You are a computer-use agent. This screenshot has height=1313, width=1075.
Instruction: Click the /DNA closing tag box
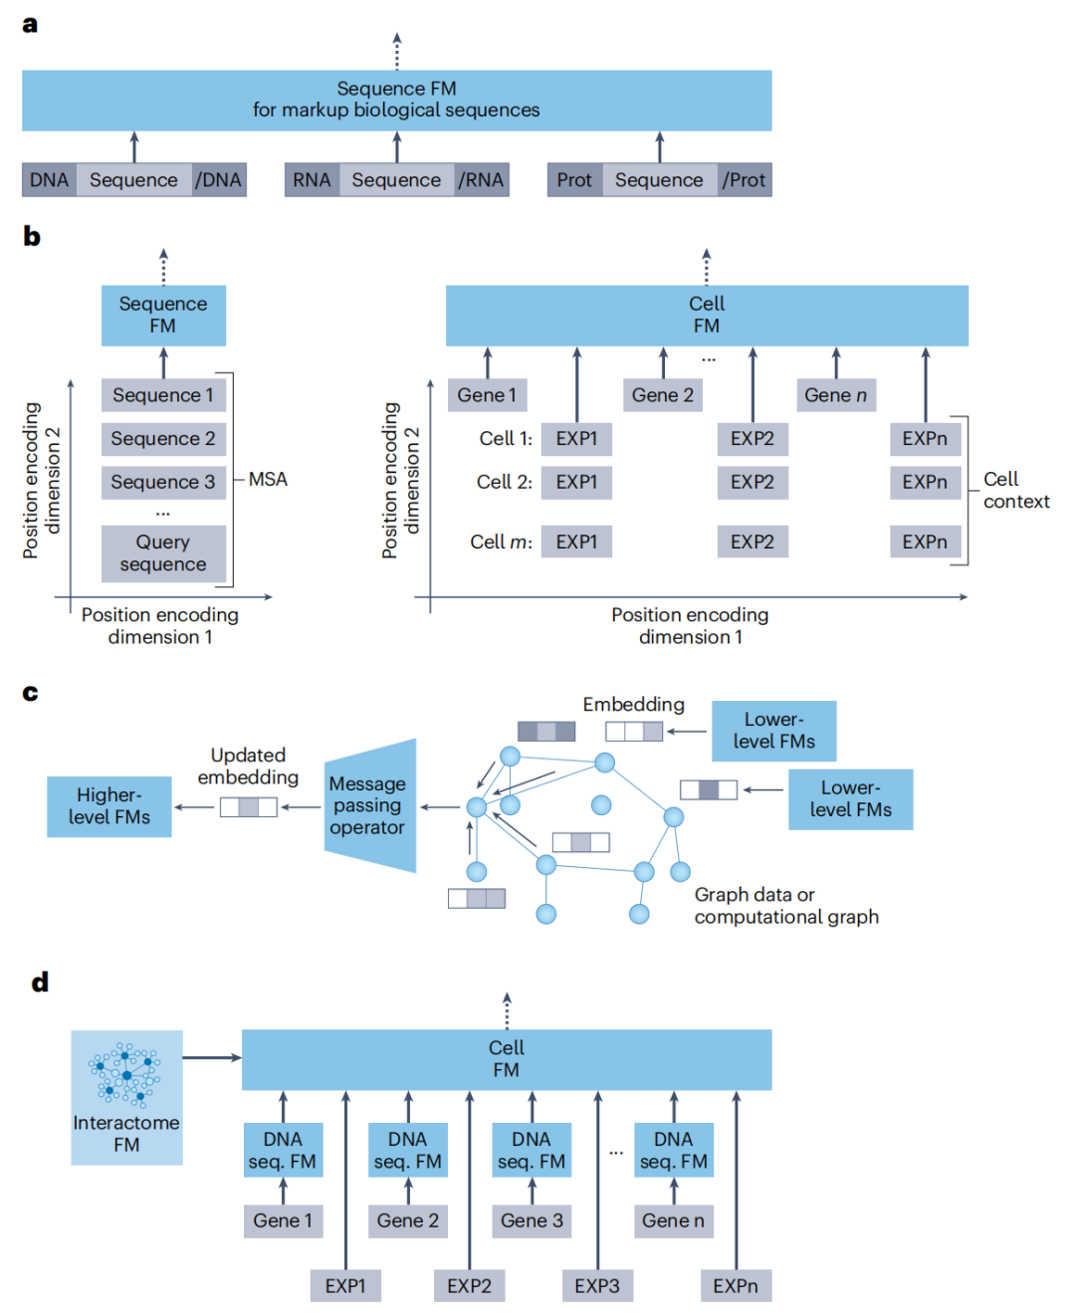tap(219, 180)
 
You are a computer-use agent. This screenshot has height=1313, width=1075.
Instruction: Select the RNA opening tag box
tap(312, 180)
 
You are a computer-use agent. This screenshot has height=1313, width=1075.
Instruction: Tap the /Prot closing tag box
tap(745, 180)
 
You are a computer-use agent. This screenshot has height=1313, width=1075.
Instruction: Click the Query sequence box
tap(163, 553)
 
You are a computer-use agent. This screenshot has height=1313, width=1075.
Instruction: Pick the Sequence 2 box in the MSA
tap(163, 439)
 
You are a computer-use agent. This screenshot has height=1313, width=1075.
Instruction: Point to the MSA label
tap(268, 480)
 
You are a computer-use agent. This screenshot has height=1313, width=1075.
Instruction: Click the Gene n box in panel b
tap(836, 395)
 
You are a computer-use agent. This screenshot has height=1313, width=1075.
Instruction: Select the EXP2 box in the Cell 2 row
tap(752, 483)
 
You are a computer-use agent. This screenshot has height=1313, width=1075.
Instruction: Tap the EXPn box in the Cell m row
tap(925, 542)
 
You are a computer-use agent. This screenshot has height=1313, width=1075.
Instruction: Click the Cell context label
tap(1016, 491)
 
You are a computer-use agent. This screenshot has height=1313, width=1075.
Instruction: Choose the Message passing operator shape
tap(369, 805)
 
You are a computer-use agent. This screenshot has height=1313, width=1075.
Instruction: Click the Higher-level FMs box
tap(109, 806)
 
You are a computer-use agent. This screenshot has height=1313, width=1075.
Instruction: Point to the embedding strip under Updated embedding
tap(249, 807)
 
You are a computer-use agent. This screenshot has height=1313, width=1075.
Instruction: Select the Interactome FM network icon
tap(125, 1075)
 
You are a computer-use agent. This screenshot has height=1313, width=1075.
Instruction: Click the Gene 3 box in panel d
tap(532, 1220)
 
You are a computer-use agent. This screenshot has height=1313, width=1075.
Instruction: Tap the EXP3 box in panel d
tap(597, 1285)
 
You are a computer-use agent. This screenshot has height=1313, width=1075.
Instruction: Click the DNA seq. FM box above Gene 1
tap(284, 1150)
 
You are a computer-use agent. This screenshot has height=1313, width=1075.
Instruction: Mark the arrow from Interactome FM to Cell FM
tap(212, 1057)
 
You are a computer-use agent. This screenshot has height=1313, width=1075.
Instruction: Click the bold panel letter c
tap(30, 693)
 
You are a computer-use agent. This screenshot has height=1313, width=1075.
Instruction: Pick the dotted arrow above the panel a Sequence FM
tap(397, 51)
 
